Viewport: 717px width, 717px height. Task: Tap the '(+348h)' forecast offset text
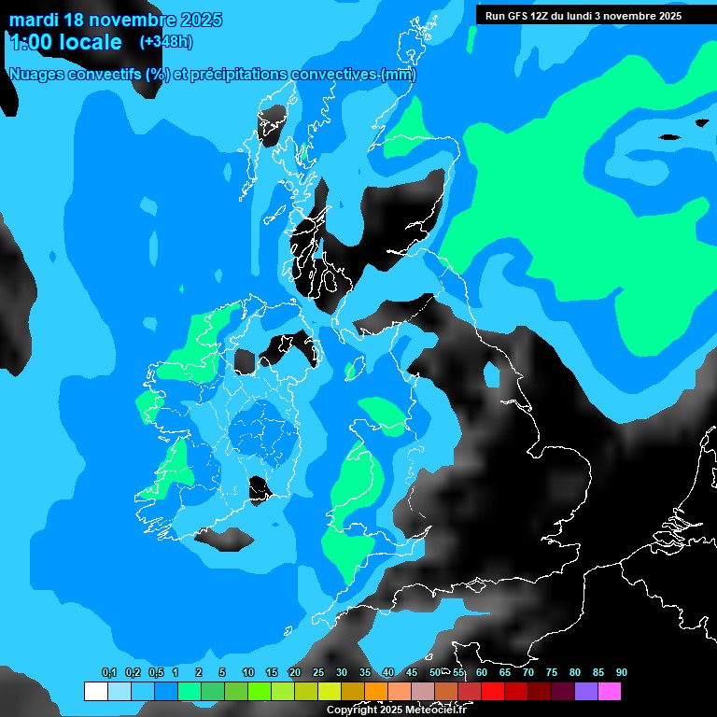pos(166,41)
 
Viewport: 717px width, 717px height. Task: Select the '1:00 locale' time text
pos(65,42)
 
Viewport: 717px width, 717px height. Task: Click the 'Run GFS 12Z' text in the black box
pos(518,16)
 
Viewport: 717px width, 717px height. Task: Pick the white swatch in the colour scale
pos(95,692)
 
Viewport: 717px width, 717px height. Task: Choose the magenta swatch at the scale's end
pos(610,692)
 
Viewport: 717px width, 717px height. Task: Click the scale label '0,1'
pos(108,673)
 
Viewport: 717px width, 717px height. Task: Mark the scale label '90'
pos(621,673)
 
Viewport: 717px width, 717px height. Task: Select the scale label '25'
pos(317,673)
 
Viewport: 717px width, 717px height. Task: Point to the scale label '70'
pos(527,673)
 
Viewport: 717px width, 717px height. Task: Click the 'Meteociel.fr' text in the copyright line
pos(435,710)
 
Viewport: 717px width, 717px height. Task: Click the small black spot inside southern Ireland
pos(259,487)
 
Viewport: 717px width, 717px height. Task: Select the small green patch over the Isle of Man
pos(353,370)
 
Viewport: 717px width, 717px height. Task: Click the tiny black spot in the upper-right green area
pos(669,138)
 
